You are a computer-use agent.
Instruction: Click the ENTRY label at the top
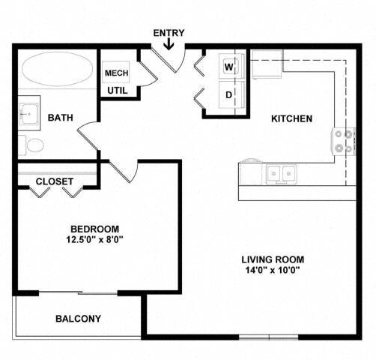(169, 32)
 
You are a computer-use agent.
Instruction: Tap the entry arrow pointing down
(169, 45)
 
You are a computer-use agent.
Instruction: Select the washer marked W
(228, 66)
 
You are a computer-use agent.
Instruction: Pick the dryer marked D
(228, 94)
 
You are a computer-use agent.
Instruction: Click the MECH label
(116, 73)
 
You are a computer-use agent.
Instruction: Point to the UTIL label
(116, 91)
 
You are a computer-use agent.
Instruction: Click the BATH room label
(60, 118)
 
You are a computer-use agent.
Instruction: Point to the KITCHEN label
(291, 118)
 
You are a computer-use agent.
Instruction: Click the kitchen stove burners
(344, 141)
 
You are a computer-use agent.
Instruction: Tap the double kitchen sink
(282, 173)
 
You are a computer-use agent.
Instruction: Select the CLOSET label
(55, 181)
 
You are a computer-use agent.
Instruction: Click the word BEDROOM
(94, 229)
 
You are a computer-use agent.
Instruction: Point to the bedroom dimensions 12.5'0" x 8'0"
(94, 240)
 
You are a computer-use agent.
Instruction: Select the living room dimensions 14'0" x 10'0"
(273, 271)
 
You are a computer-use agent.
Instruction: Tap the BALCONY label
(78, 319)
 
